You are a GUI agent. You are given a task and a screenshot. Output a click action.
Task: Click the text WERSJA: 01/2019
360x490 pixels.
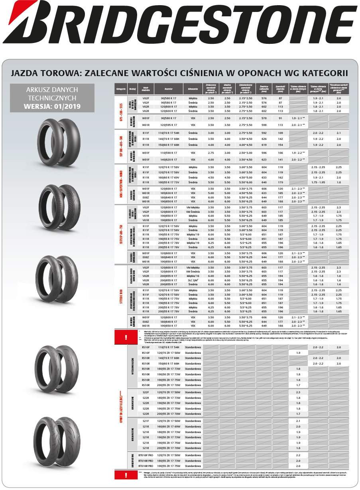[52, 106]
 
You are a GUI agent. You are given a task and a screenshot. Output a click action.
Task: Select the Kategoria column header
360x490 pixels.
[121, 89]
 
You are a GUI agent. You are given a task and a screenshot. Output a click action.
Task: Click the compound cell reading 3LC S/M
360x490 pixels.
[193, 280]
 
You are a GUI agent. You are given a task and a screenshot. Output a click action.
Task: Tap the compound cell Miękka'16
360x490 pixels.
[193, 276]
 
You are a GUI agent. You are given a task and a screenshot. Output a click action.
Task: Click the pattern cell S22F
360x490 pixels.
[146, 392]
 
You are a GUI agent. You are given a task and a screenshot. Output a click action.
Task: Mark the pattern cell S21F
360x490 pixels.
[146, 421]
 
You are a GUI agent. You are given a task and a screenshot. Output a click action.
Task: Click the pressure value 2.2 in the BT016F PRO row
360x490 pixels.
[298, 455]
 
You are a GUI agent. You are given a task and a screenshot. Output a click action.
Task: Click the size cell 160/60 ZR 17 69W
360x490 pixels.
[168, 426]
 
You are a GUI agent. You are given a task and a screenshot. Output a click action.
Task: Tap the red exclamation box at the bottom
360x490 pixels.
[126, 475]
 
